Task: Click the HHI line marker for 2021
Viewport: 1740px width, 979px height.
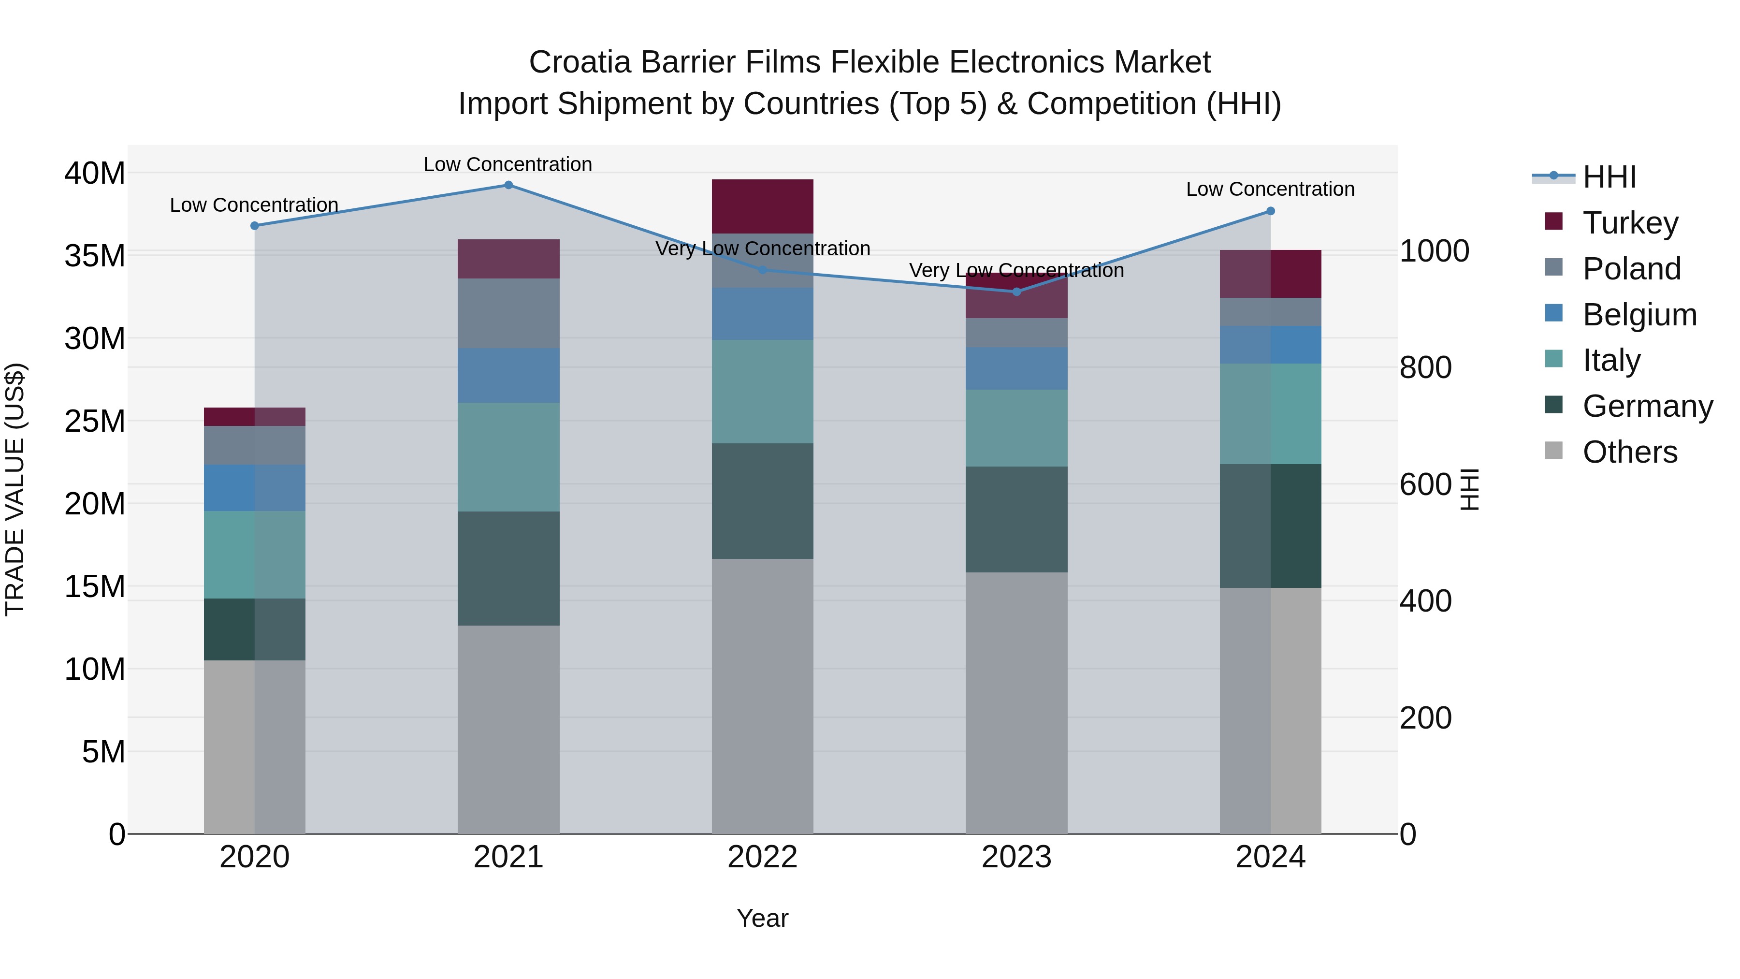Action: click(508, 185)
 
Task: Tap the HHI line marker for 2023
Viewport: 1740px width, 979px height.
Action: click(1016, 292)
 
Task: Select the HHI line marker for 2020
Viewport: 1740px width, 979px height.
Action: click(255, 226)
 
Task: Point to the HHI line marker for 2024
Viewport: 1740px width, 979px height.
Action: click(1271, 211)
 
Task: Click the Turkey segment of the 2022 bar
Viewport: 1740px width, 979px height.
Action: click(763, 206)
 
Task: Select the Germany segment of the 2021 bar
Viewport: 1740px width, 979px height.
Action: click(508, 568)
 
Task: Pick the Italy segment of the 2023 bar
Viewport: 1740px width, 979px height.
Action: click(1016, 428)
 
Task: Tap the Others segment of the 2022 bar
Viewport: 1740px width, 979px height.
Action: click(763, 696)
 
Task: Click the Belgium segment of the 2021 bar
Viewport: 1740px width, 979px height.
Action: click(508, 375)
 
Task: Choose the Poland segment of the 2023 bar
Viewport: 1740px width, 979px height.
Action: click(1016, 333)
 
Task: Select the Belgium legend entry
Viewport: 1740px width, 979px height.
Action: click(1639, 315)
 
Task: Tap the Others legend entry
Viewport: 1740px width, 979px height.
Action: click(1630, 452)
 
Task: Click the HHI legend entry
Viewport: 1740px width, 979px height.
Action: click(1609, 177)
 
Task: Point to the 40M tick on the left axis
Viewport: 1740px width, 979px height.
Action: click(95, 174)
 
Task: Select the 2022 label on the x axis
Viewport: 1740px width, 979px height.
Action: click(763, 857)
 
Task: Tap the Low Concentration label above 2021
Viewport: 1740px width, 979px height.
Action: click(508, 164)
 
